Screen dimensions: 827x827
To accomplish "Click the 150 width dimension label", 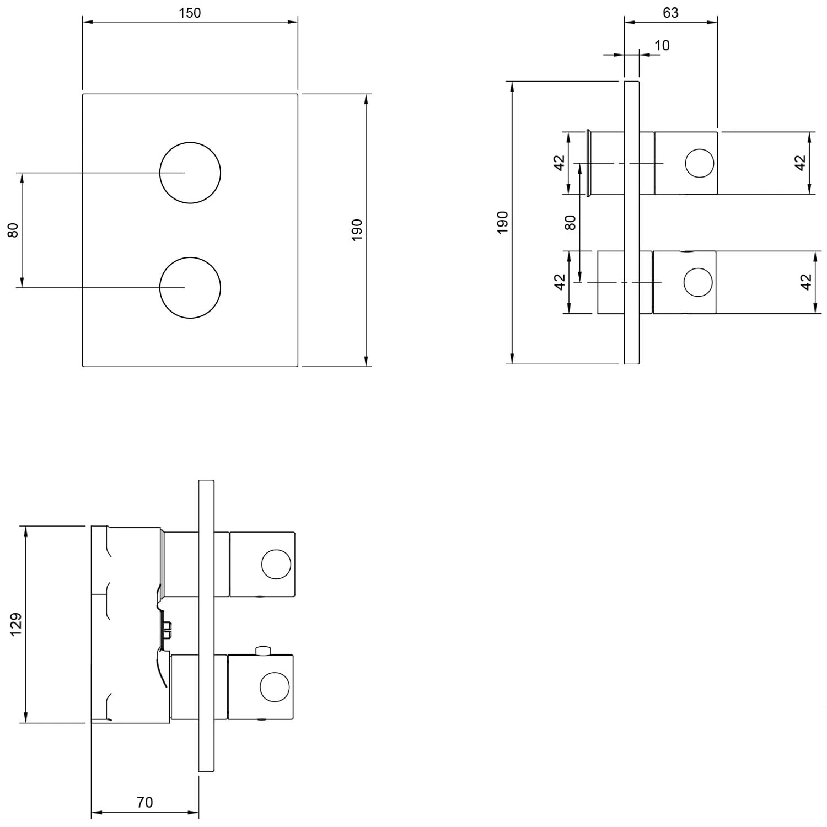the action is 190,13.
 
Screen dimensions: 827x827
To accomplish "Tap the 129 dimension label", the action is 15,624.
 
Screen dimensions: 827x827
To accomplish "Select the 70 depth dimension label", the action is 144,802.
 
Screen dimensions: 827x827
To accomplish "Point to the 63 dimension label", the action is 670,12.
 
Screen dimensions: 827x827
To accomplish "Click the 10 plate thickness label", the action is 662,45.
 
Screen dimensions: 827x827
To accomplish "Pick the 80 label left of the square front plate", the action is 13,230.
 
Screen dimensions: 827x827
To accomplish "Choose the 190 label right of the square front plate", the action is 357,230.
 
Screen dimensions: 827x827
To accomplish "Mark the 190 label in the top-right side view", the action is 502,222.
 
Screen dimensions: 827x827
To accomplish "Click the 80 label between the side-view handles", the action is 571,222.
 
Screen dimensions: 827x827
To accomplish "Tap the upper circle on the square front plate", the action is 190,142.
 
